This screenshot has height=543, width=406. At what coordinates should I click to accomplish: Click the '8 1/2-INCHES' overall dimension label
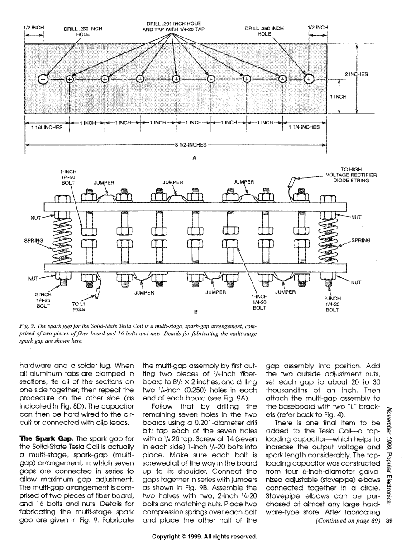[x=191, y=145]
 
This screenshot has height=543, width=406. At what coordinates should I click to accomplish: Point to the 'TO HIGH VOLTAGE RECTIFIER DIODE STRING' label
[x=351, y=175]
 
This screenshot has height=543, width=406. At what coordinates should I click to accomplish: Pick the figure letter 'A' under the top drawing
[x=194, y=159]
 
